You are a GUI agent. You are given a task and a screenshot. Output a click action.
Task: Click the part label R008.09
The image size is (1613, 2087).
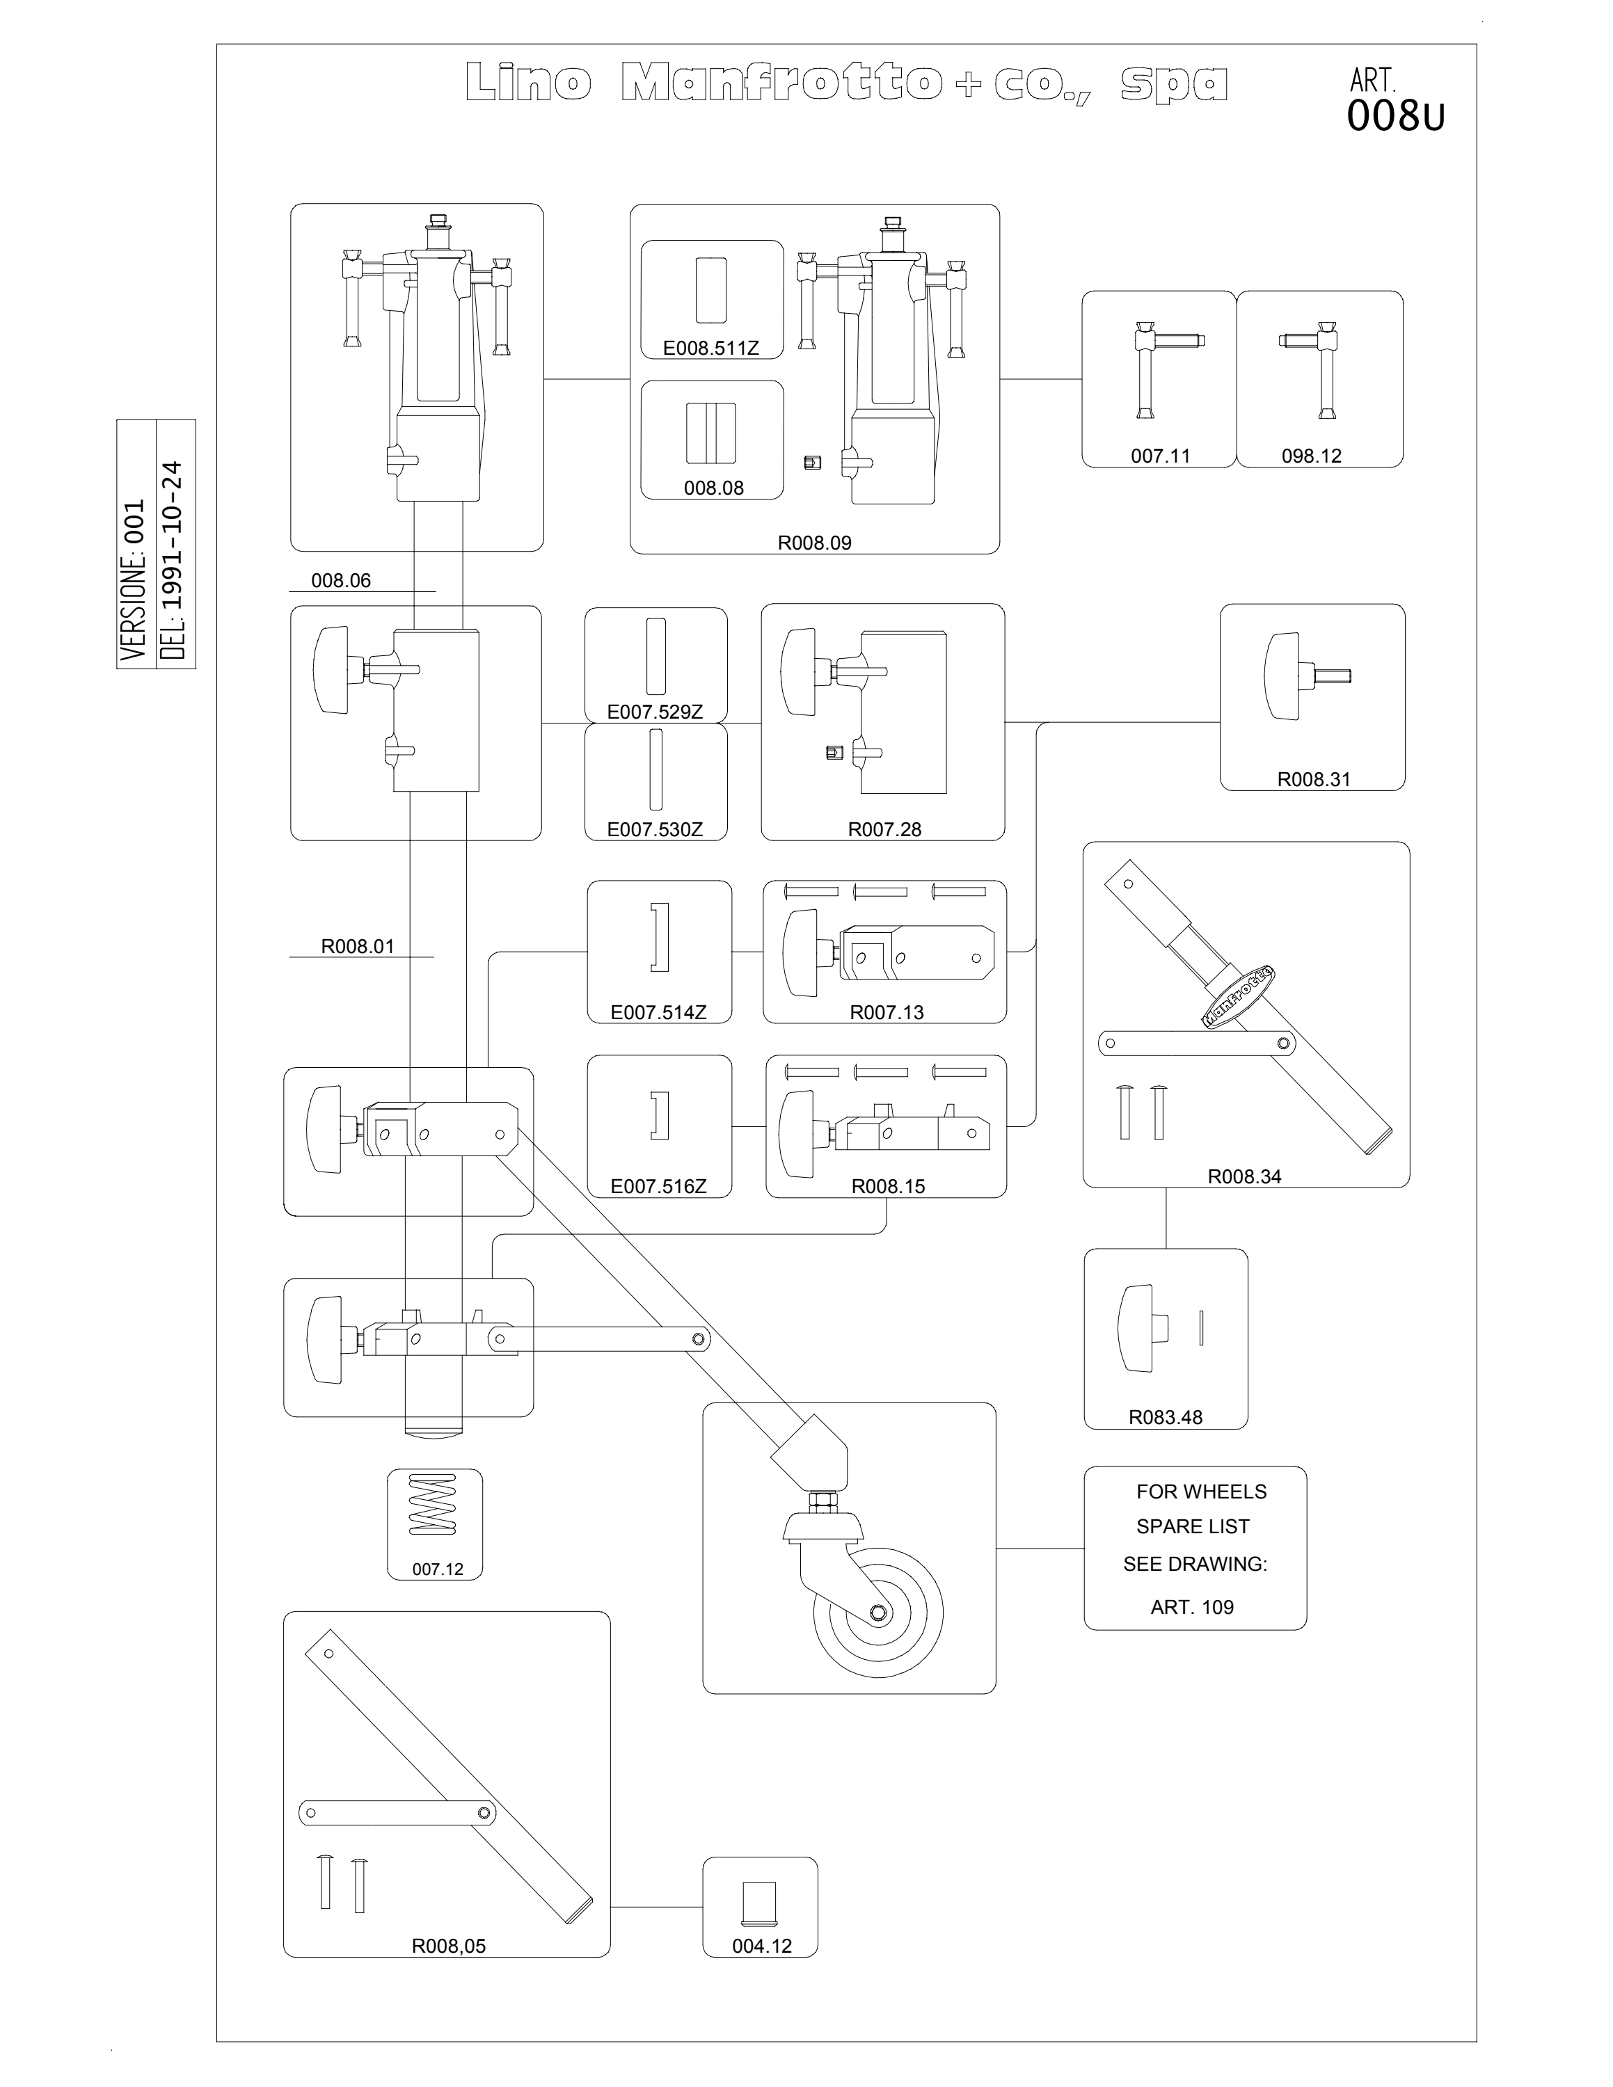pyautogui.click(x=814, y=543)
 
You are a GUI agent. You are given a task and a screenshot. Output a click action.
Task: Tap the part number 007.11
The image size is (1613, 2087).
pyautogui.click(x=1160, y=456)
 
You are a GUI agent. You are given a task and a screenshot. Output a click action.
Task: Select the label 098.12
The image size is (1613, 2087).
pyautogui.click(x=1311, y=456)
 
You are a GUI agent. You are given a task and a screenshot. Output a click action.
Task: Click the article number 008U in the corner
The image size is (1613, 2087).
pyautogui.click(x=1395, y=117)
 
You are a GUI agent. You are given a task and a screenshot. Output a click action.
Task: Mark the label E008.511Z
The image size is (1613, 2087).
pyautogui.click(x=711, y=348)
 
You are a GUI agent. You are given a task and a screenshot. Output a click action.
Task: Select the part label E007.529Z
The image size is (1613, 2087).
pyautogui.click(x=655, y=712)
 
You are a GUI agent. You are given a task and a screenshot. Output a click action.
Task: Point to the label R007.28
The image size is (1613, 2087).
pyautogui.click(x=884, y=829)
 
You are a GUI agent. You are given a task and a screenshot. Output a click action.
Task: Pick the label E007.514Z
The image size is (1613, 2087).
pyautogui.click(x=658, y=1012)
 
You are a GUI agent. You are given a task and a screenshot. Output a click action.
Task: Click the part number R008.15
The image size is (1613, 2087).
pyautogui.click(x=888, y=1186)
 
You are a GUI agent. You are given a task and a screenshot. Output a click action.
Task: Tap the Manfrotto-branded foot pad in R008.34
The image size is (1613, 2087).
pyautogui.click(x=1237, y=995)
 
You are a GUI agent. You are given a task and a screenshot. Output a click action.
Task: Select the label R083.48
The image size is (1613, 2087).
pyautogui.click(x=1165, y=1417)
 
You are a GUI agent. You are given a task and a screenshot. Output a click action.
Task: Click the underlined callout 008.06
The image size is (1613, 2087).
pyautogui.click(x=341, y=581)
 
